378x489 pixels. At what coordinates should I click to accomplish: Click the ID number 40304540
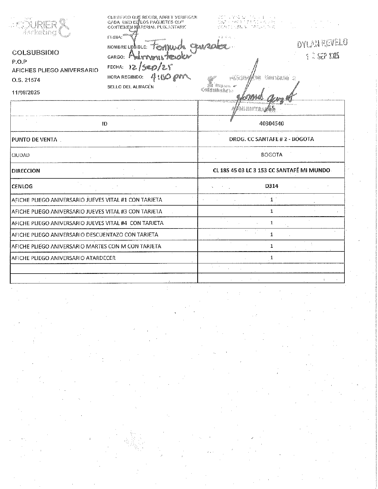tap(271, 123)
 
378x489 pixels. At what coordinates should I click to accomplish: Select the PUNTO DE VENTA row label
tap(34, 140)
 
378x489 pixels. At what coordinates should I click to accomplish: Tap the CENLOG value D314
tap(272, 186)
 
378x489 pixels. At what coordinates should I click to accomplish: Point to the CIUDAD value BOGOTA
tap(272, 155)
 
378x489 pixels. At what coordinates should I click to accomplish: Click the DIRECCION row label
tap(26, 171)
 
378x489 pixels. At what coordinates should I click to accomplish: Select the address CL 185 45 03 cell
tap(271, 170)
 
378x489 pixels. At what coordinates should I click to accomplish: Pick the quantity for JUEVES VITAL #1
tap(272, 199)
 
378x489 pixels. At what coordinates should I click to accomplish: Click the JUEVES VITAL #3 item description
tap(87, 212)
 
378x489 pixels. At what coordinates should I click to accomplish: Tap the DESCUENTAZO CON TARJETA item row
tap(85, 235)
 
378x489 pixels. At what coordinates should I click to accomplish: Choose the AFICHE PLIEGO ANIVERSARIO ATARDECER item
tap(64, 258)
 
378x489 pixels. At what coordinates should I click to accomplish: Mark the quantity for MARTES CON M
tap(272, 246)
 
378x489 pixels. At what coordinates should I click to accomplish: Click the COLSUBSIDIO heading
tap(36, 53)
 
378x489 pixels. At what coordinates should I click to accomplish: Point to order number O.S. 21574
tap(26, 80)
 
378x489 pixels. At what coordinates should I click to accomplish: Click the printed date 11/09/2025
tap(26, 93)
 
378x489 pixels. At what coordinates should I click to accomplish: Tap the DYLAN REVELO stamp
tap(322, 43)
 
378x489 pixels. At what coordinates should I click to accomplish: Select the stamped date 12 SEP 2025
tap(322, 56)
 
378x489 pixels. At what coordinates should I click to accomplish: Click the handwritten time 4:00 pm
tap(170, 78)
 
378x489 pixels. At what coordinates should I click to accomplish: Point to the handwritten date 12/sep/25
tap(151, 67)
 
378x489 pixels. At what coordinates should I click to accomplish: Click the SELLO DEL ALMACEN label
tap(130, 87)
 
